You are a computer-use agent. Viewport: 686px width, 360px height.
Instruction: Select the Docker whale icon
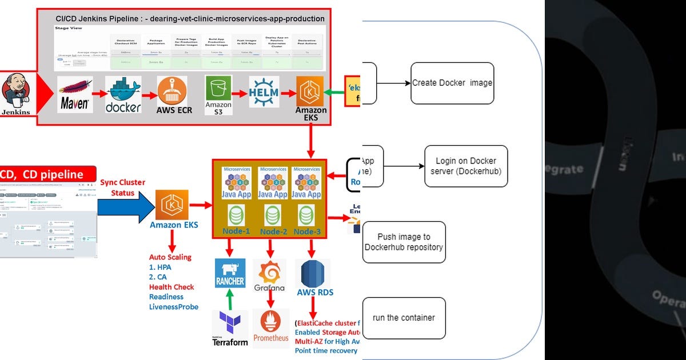(123, 94)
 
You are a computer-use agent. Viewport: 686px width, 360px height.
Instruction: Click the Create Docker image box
(452, 83)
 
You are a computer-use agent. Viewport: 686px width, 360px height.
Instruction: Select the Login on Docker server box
(466, 166)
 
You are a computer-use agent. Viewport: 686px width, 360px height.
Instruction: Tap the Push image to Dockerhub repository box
(404, 242)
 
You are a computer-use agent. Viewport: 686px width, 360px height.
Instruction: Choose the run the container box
(404, 318)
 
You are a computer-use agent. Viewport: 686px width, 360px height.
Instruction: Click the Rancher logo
(230, 273)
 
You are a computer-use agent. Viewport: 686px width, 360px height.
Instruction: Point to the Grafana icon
(269, 275)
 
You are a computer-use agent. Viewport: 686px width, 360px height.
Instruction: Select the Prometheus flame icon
(271, 327)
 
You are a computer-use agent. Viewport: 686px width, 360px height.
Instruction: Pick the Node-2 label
(273, 231)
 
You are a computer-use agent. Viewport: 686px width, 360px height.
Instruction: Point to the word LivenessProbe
(174, 307)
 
